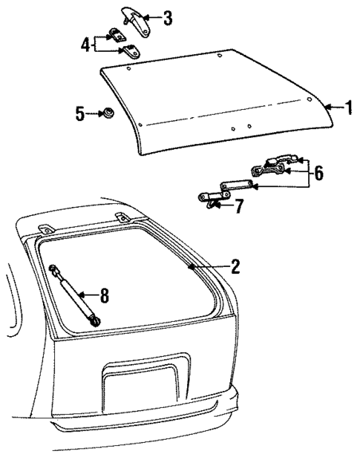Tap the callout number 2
pyautogui.click(x=235, y=267)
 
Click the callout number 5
pyautogui.click(x=80, y=113)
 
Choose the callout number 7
pyautogui.click(x=239, y=205)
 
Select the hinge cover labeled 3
pyautogui.click(x=133, y=19)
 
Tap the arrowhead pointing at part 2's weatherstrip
pyautogui.click(x=194, y=266)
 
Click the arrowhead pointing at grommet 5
pyautogui.click(x=99, y=113)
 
